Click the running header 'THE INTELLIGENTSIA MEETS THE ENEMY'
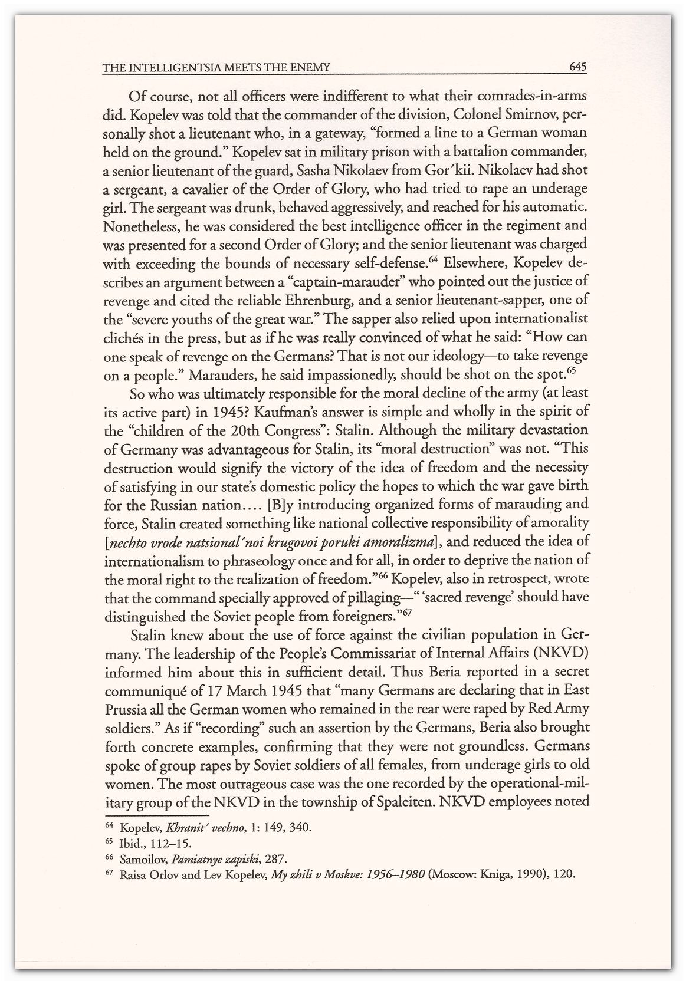click(x=215, y=69)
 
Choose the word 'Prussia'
click(x=126, y=709)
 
